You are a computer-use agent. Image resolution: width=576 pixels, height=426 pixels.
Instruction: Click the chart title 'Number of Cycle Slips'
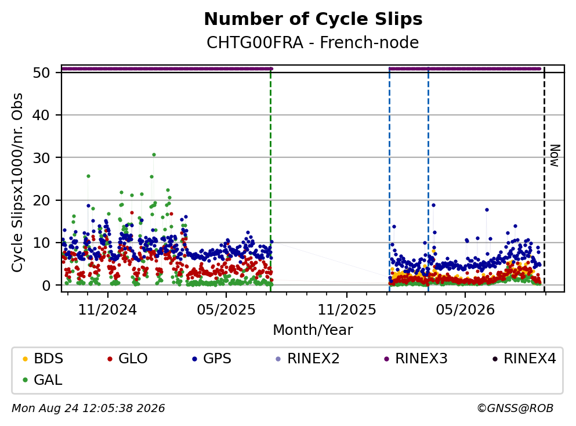pyautogui.click(x=313, y=19)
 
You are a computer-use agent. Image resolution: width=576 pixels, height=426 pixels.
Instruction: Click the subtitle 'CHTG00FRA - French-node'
pyautogui.click(x=313, y=42)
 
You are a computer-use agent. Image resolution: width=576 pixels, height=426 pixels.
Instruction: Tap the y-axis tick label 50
pyautogui.click(x=42, y=73)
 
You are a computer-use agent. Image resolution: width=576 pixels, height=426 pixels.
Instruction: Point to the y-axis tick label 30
pyautogui.click(x=42, y=158)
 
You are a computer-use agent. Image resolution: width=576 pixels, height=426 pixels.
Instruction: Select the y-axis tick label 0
pyautogui.click(x=46, y=285)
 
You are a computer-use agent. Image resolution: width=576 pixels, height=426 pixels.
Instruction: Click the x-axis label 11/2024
pyautogui.click(x=108, y=309)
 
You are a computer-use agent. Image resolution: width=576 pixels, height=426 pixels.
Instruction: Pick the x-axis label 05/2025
pyautogui.click(x=226, y=309)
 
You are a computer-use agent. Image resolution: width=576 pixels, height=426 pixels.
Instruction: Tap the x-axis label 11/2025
pyautogui.click(x=347, y=309)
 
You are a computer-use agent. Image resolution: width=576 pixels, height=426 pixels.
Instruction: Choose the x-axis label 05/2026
pyautogui.click(x=465, y=309)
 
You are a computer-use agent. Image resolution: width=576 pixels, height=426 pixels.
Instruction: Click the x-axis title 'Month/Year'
pyautogui.click(x=313, y=330)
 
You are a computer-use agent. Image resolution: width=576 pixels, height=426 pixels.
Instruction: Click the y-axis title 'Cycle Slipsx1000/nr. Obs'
pyautogui.click(x=17, y=183)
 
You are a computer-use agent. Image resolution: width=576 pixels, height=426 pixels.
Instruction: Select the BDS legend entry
pyautogui.click(x=43, y=358)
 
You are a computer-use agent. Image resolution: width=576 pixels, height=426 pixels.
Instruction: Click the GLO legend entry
pyautogui.click(x=128, y=358)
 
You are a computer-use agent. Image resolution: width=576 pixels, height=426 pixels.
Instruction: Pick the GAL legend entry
pyautogui.click(x=42, y=380)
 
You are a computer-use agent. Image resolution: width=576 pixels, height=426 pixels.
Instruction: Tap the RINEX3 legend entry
pyautogui.click(x=416, y=358)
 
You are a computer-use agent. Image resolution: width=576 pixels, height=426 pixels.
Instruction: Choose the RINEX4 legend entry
pyautogui.click(x=524, y=358)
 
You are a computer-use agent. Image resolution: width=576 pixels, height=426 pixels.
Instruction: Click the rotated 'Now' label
pyautogui.click(x=555, y=156)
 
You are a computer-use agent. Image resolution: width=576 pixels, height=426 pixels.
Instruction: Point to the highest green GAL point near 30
pyautogui.click(x=154, y=155)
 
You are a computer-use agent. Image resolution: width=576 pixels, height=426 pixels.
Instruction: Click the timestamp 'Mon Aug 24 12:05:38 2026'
pyautogui.click(x=89, y=408)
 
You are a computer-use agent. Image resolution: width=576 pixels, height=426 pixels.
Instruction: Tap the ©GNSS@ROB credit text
pyautogui.click(x=515, y=408)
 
